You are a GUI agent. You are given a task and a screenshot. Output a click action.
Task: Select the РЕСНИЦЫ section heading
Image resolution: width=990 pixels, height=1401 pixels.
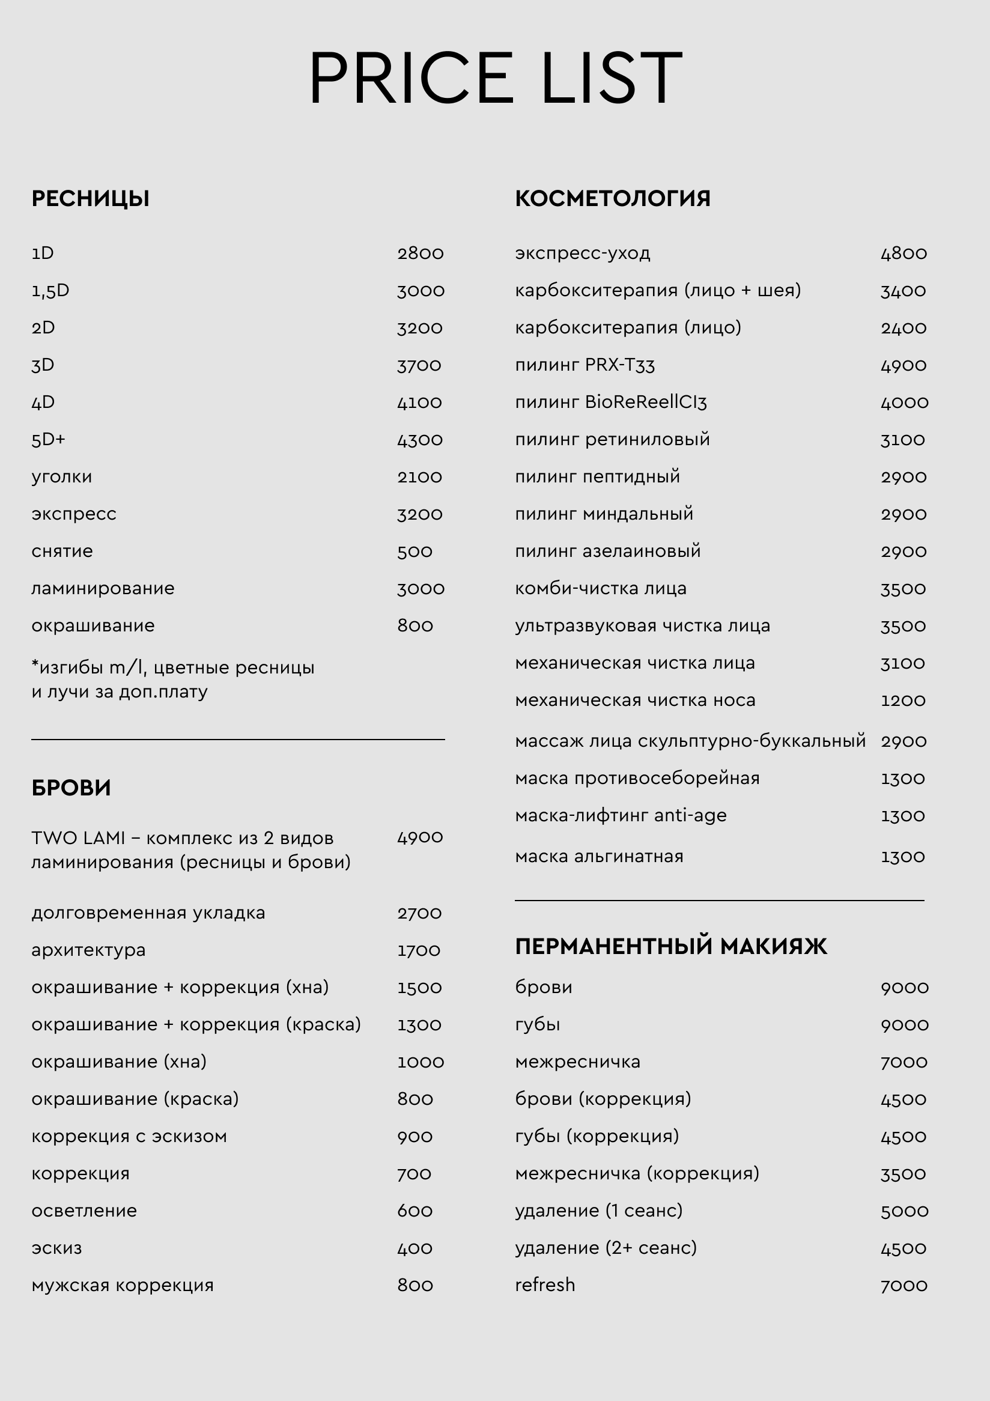point(90,199)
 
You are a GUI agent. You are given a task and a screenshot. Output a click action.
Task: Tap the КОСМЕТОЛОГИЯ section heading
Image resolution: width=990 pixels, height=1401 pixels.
point(612,199)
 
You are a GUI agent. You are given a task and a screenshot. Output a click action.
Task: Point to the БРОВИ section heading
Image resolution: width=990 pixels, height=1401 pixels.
point(71,788)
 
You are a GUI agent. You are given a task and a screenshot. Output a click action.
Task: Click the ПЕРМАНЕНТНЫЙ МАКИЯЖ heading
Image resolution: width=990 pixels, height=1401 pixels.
point(670,946)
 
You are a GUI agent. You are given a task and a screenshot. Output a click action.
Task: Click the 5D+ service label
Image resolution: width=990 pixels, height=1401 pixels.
point(48,439)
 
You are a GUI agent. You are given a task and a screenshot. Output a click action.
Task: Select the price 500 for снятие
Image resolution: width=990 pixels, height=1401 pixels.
point(415,552)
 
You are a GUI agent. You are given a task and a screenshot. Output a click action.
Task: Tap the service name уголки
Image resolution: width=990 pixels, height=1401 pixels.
point(62,476)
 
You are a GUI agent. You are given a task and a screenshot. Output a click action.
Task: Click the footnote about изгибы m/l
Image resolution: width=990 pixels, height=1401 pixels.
point(172,679)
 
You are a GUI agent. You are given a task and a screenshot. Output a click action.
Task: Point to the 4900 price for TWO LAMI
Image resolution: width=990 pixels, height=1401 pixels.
point(420,837)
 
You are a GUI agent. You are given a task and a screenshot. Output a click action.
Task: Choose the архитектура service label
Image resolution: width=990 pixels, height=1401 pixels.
point(88,950)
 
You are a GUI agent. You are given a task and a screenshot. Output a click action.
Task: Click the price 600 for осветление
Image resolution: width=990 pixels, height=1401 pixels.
point(415,1211)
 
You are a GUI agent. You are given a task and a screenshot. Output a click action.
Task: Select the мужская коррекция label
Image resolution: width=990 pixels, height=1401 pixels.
point(123,1285)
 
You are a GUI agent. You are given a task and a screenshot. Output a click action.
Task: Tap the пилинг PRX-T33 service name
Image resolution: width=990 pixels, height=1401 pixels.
point(585,365)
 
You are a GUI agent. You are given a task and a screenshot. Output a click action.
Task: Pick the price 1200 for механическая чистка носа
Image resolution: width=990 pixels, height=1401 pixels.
point(903,700)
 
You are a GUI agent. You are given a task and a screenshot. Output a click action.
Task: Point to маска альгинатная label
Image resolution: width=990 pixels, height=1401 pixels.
point(599,856)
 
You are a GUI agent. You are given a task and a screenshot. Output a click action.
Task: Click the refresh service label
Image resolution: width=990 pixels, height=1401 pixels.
point(545,1285)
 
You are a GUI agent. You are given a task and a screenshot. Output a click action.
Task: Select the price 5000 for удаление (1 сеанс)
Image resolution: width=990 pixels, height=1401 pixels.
point(904,1211)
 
